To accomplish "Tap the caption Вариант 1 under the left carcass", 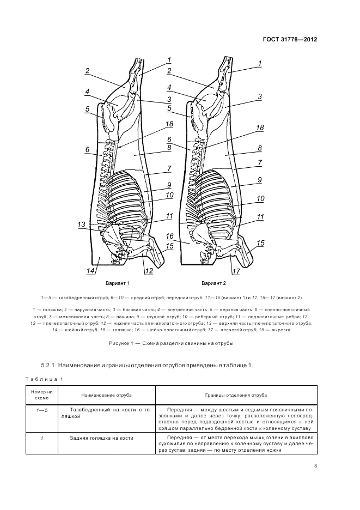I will [118, 284].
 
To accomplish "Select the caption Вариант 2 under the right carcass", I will [213, 284].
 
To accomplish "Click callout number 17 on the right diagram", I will [235, 271].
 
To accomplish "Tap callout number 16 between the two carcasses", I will [169, 236].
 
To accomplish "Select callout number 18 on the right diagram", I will [260, 127].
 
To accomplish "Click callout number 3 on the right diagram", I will [260, 96].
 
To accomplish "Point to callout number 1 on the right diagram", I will [260, 63].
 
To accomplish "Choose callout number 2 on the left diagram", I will [87, 70].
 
